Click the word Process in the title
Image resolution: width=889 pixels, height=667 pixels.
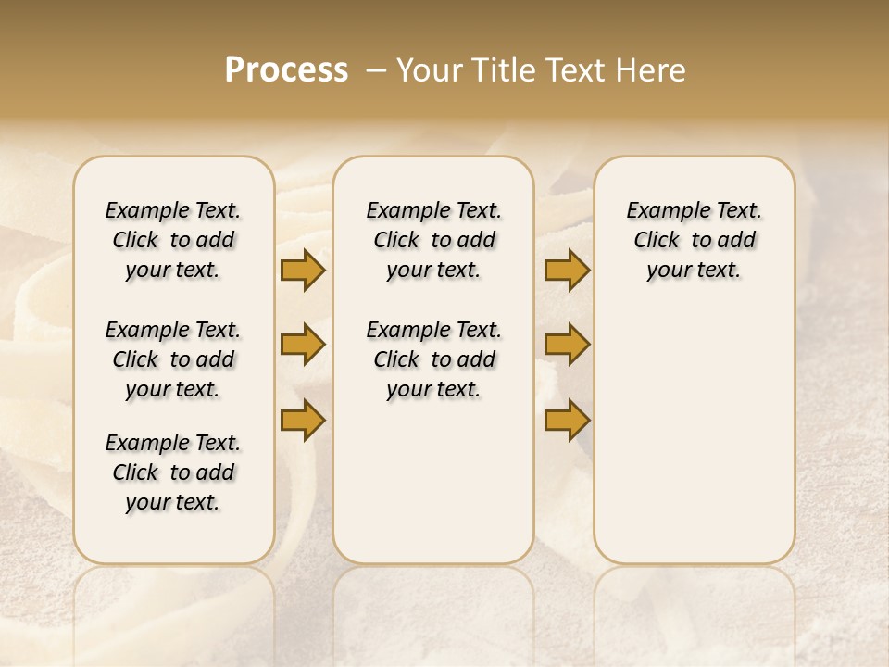coord(286,69)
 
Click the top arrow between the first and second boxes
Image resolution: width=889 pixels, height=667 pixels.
coord(303,270)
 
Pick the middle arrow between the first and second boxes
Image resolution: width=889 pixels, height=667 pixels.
coord(303,345)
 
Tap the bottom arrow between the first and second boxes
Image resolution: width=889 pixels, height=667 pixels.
coord(303,420)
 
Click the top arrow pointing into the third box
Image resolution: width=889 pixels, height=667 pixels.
coord(567,270)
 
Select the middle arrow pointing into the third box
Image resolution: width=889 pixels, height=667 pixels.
coord(567,345)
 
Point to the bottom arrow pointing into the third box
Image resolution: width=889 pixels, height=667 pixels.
coord(567,420)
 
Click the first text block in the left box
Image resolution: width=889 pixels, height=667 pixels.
coord(173,240)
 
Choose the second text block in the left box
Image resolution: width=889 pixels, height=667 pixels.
coord(173,359)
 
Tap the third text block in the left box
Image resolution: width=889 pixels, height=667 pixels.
coord(173,472)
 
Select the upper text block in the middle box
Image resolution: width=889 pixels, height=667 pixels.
coord(433,240)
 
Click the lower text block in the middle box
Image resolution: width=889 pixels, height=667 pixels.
coord(433,359)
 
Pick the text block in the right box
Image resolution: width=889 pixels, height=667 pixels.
coord(694,240)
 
